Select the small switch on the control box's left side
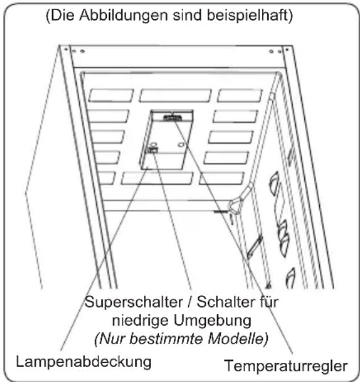click(x=152, y=149)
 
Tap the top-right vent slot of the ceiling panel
click(x=240, y=95)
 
